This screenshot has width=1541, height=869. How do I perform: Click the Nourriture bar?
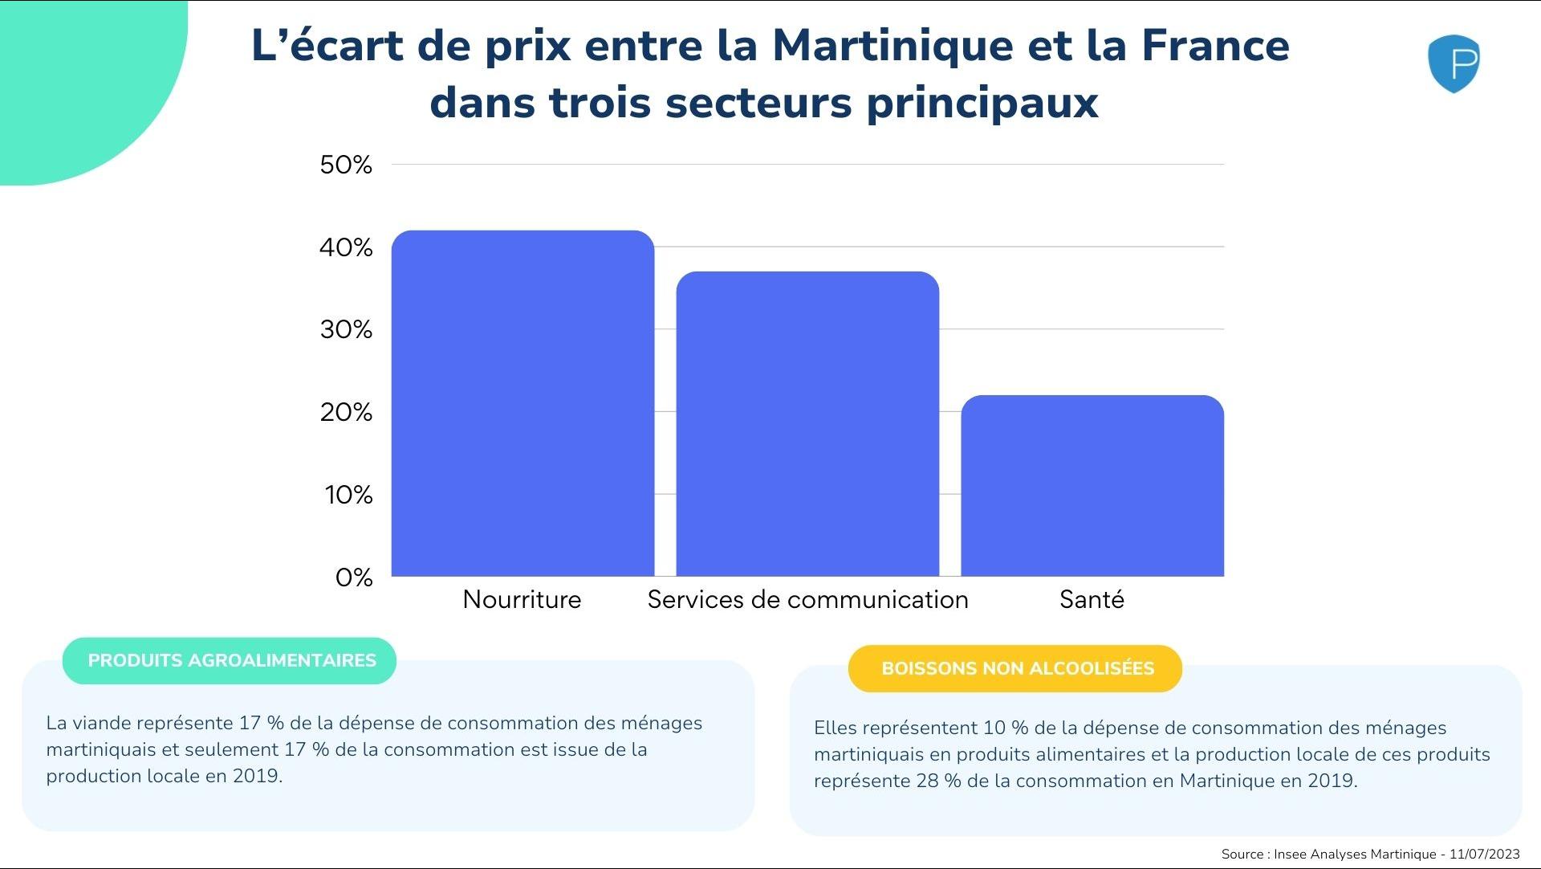[x=522, y=403]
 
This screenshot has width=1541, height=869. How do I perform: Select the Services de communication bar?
[x=807, y=423]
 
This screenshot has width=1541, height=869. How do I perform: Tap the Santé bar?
[x=1092, y=485]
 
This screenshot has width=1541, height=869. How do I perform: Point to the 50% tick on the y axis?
[x=346, y=165]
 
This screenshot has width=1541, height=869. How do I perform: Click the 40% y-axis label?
[x=346, y=247]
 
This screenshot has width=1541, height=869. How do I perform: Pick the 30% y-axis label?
[x=346, y=329]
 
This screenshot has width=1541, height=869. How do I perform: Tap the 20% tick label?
[x=346, y=412]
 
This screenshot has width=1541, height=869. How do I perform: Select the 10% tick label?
[x=348, y=495]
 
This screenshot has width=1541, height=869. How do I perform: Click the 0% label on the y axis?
[x=354, y=577]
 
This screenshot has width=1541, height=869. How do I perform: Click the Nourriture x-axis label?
[x=522, y=599]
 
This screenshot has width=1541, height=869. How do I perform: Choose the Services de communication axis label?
[x=807, y=599]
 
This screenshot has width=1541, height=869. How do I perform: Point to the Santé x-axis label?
[x=1092, y=599]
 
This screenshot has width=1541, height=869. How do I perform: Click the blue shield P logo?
[x=1454, y=63]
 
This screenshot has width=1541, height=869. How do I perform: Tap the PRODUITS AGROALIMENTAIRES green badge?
[x=231, y=660]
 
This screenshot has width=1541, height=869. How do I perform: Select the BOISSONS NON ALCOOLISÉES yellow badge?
[x=1017, y=668]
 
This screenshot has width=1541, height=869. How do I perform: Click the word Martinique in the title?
[x=892, y=45]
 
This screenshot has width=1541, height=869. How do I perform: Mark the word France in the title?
[x=1215, y=45]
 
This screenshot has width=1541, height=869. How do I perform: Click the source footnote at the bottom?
[x=1370, y=854]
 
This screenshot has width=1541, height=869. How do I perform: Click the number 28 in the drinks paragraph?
[x=927, y=781]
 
